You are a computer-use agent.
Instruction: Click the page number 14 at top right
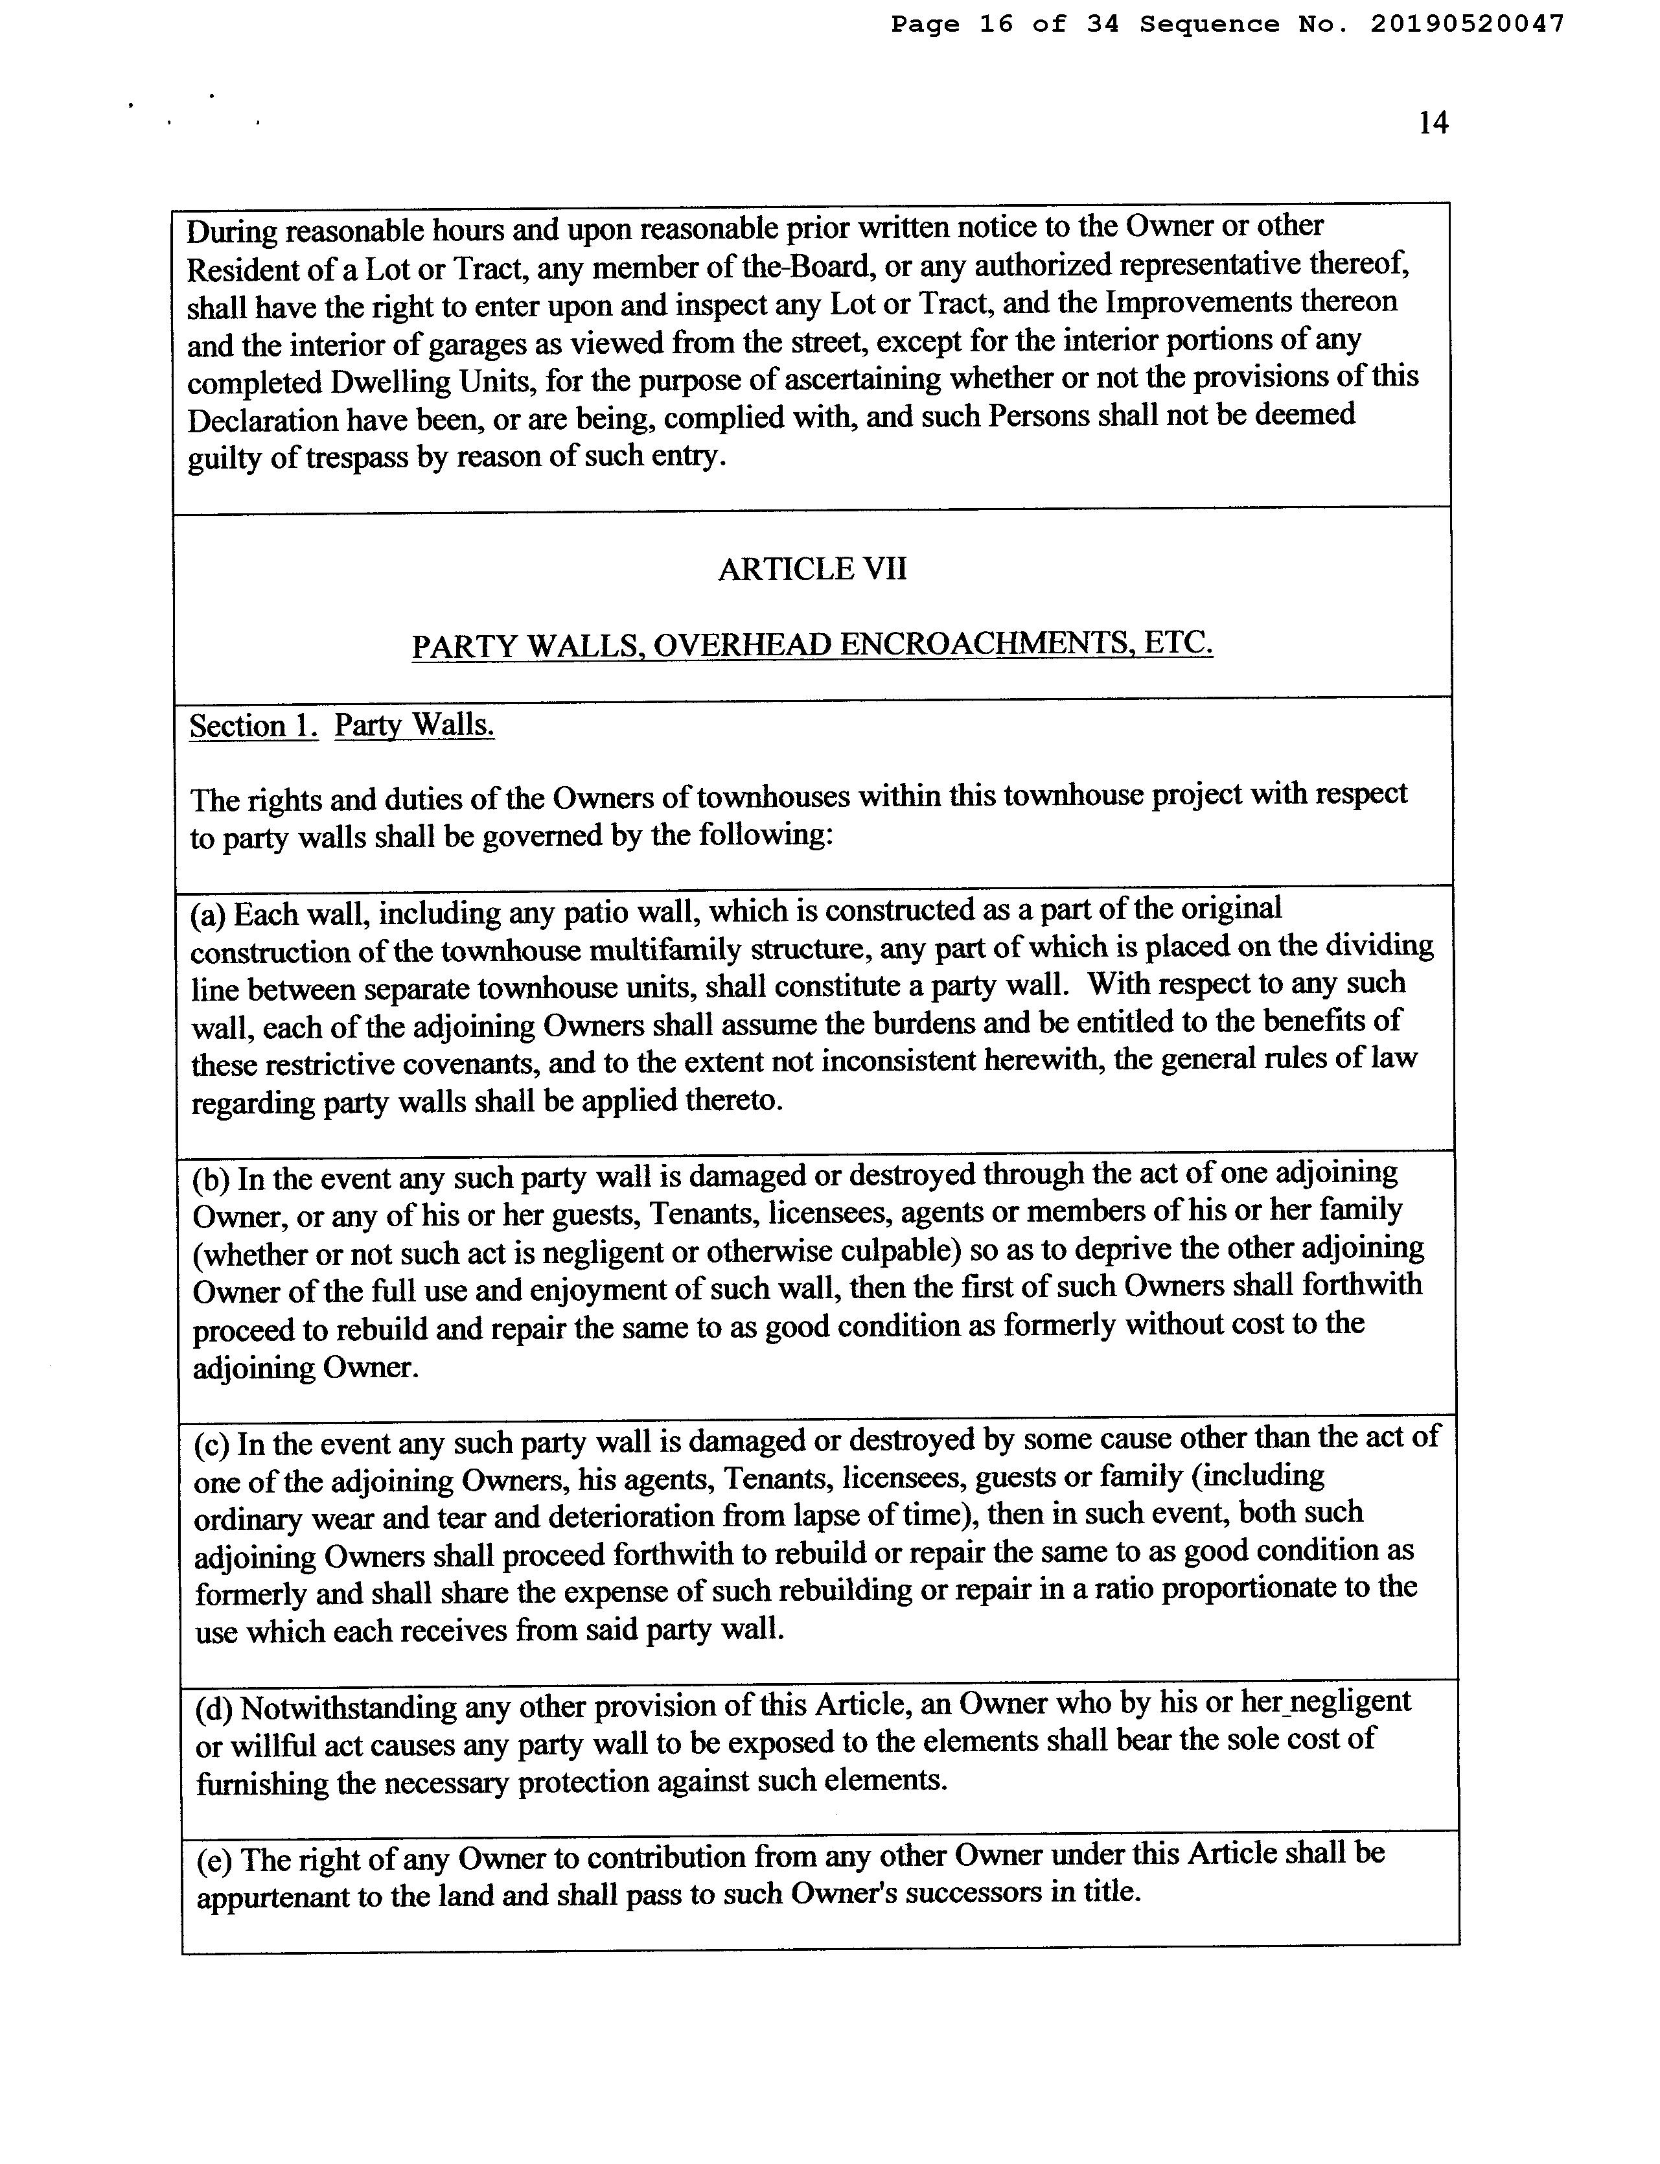1433,122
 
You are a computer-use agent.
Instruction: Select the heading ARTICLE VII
811,569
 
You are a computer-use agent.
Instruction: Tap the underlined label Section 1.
253,727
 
